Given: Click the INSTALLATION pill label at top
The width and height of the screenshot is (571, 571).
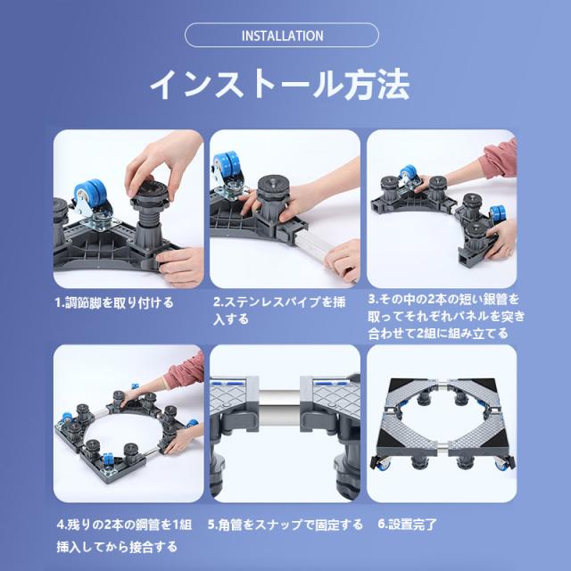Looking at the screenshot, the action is click(282, 36).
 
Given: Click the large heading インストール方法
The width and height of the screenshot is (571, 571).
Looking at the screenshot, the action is click(280, 84).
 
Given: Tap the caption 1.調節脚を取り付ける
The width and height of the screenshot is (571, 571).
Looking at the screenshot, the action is click(114, 302).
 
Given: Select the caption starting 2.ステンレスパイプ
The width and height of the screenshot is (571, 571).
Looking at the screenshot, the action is click(279, 310).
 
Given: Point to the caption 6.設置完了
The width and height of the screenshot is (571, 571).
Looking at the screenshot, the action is click(407, 524).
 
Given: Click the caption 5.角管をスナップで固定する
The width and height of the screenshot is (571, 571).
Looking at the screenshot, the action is click(285, 525).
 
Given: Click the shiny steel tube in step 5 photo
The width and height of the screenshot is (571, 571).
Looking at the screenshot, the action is click(279, 401).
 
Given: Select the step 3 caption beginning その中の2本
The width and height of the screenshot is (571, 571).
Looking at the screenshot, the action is click(446, 316).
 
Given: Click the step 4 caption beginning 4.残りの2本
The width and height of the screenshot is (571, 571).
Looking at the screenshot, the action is click(124, 535).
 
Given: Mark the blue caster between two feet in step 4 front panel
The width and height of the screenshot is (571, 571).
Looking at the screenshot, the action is click(107, 460).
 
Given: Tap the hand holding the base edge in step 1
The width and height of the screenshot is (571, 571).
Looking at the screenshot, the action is click(181, 265).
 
